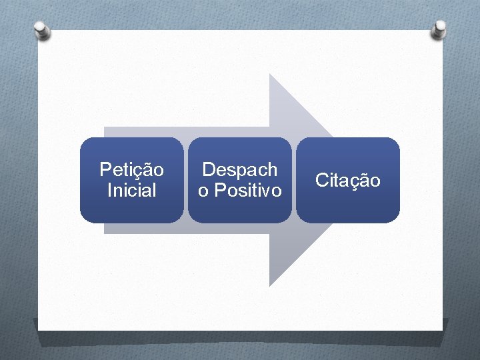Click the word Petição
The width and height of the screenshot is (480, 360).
coord(131,170)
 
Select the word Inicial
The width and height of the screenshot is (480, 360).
coord(131,191)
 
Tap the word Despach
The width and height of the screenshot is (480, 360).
coord(239,170)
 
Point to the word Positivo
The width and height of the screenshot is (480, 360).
coord(247,191)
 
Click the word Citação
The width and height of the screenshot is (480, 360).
coord(347,180)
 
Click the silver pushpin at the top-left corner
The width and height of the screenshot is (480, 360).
coord(41,29)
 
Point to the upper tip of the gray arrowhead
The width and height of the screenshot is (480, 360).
coord(269,75)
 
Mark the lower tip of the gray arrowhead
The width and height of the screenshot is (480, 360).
coord(269,285)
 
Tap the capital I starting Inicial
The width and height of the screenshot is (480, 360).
coord(109,191)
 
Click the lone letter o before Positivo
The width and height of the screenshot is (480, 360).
coord(203,191)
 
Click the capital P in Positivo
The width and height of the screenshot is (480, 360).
coord(219,191)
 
